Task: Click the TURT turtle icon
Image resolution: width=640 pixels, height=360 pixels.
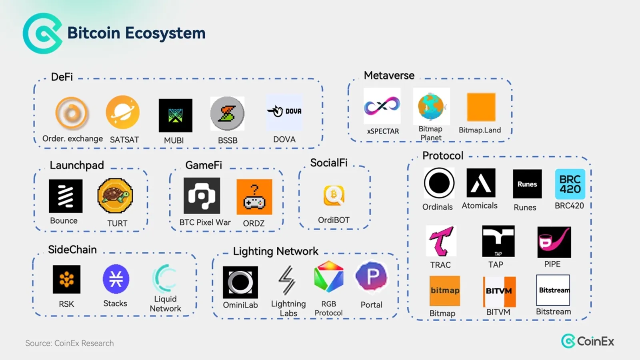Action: coord(115,196)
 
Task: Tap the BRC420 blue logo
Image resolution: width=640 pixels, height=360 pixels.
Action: coord(570,184)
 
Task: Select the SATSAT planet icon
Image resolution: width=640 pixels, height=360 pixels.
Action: coord(123,112)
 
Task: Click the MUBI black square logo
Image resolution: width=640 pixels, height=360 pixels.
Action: coord(176,116)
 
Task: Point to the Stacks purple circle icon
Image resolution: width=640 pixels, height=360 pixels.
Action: coord(116,279)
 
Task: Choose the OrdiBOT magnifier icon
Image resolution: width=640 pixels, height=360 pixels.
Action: coord(334,196)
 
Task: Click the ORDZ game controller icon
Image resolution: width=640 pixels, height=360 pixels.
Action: coord(254,197)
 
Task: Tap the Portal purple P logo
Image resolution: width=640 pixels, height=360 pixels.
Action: coord(372,276)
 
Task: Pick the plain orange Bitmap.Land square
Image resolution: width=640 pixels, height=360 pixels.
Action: coord(481,107)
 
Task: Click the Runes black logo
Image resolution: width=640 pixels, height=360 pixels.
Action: coord(527,184)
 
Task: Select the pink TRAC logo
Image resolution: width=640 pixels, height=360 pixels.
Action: coord(441,241)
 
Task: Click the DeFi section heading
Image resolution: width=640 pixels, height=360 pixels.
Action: coord(62,77)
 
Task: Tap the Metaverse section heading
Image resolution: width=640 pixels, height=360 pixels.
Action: coord(389,76)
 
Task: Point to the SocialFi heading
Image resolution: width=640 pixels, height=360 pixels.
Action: coord(329,162)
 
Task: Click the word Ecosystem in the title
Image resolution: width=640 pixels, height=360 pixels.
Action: coord(165,33)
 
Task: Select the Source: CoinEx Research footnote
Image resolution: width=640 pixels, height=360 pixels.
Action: coord(70,343)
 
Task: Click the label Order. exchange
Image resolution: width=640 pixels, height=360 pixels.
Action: coord(72,138)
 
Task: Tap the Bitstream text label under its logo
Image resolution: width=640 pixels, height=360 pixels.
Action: coord(554,312)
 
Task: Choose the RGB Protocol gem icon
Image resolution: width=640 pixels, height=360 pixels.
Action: coord(328,276)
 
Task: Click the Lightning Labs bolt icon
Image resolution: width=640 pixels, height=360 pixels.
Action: coord(287,280)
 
